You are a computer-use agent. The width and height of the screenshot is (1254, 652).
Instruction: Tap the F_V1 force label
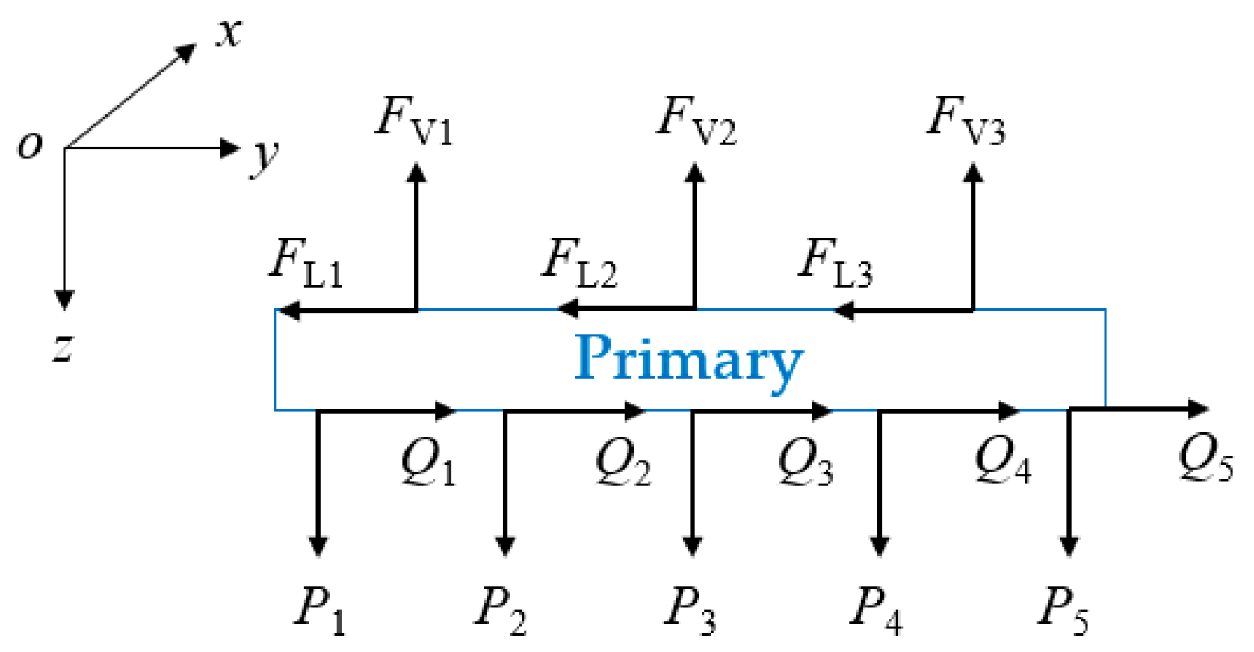[413, 120]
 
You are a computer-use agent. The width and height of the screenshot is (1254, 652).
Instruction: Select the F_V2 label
[696, 120]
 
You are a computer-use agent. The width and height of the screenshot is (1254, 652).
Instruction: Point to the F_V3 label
[966, 120]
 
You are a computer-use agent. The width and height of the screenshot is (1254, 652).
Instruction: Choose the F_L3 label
[835, 263]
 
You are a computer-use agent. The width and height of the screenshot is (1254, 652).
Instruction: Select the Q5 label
[1205, 457]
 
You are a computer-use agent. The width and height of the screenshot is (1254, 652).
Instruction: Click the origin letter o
[30, 144]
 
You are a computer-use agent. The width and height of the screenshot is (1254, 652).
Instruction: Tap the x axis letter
[229, 34]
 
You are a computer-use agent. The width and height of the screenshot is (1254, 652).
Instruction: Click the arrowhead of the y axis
[230, 148]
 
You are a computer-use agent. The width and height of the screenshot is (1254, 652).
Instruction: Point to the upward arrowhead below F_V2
[695, 173]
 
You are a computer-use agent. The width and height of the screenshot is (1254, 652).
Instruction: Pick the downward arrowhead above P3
[693, 546]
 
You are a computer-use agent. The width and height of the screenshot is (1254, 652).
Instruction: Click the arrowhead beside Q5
[1198, 409]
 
